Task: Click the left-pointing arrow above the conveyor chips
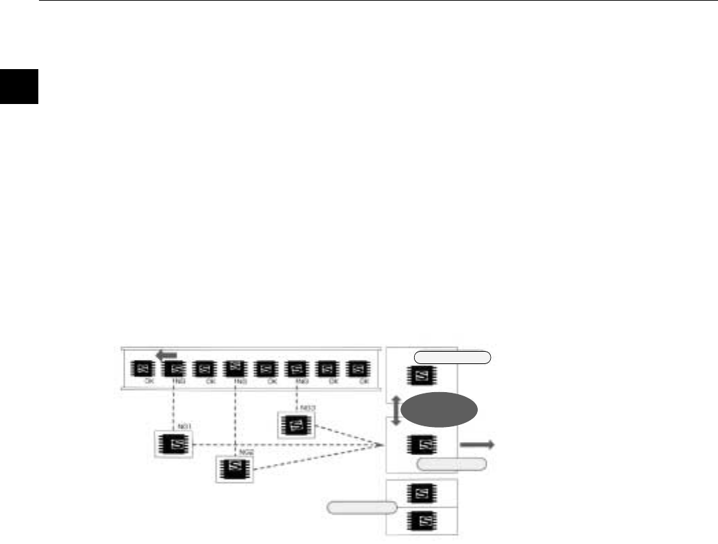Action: point(166,354)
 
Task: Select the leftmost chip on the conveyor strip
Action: point(143,369)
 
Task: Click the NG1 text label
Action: point(183,426)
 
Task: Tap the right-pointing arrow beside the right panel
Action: point(476,445)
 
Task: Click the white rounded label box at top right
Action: point(452,356)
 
